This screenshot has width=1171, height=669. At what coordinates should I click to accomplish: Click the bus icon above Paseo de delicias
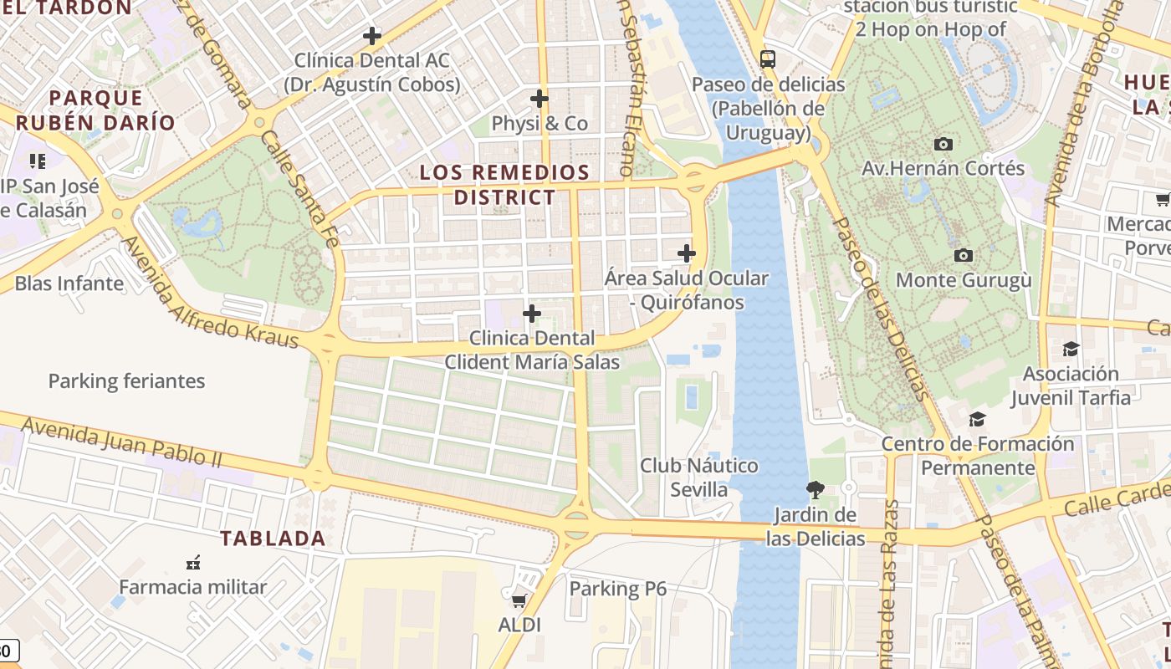coord(767,59)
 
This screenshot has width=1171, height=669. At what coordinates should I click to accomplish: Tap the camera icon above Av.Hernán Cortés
coord(943,144)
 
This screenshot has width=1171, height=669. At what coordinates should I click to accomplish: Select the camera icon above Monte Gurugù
coord(963,255)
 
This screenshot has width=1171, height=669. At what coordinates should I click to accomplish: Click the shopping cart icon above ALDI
coord(519,600)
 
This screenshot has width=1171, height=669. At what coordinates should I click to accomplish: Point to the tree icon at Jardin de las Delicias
coord(815,489)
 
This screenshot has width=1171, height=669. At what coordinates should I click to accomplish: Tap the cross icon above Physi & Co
coord(539,99)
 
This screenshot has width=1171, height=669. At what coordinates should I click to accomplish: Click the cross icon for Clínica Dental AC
coord(372,36)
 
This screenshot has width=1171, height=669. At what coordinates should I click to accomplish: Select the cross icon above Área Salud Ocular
coord(686,253)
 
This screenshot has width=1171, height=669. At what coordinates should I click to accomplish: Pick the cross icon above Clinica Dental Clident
coord(531,314)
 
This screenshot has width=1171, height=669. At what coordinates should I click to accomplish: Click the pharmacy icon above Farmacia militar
coord(193,562)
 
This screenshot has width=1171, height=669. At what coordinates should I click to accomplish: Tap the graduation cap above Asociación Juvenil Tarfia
coord(1070,349)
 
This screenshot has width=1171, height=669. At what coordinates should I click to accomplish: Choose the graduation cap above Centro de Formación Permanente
coord(976,419)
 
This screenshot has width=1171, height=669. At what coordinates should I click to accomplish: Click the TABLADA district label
coord(273,539)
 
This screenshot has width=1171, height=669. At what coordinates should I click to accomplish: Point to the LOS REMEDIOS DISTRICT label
coord(504,185)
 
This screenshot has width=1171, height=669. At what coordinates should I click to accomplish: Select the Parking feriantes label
coord(126,381)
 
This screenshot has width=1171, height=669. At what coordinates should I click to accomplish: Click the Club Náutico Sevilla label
coord(699,477)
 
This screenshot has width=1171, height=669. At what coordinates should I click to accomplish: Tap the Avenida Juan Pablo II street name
coord(121,441)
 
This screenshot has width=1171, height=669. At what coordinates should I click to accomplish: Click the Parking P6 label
coord(617,589)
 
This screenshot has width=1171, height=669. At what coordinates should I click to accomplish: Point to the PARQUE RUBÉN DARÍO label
coord(95,110)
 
